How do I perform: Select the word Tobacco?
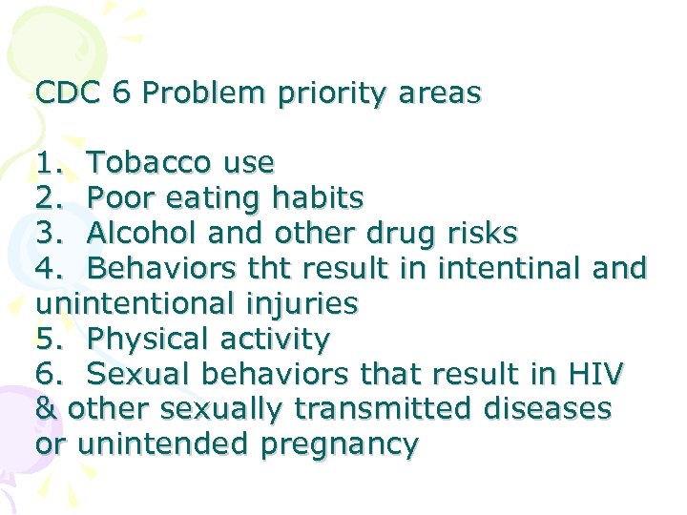pos(152,163)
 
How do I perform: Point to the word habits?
pos(317,198)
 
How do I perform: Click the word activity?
pos(282,340)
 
